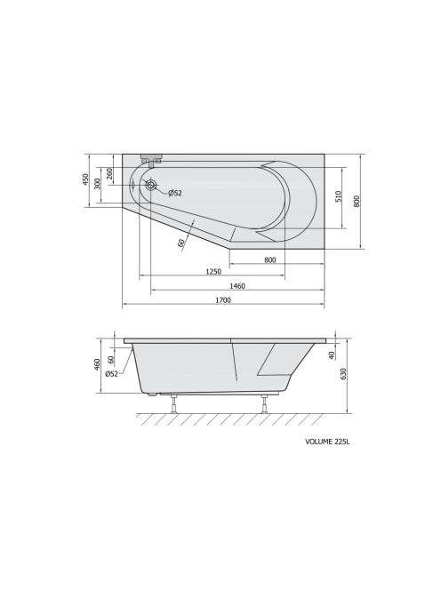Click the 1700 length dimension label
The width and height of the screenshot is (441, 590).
coord(223,300)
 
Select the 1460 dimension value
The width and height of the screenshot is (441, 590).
coord(237,286)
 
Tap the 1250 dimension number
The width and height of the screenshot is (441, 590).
coord(213,272)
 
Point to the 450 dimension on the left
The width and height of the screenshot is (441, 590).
coord(86,179)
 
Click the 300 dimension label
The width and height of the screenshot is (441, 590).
coord(98,184)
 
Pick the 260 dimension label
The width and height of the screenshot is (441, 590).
coord(109,173)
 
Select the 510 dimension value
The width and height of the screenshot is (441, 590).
coord(338,196)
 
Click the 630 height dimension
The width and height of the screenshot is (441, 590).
coord(342,374)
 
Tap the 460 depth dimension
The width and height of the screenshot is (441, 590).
coord(97,364)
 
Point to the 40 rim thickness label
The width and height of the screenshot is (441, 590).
coord(332,355)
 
